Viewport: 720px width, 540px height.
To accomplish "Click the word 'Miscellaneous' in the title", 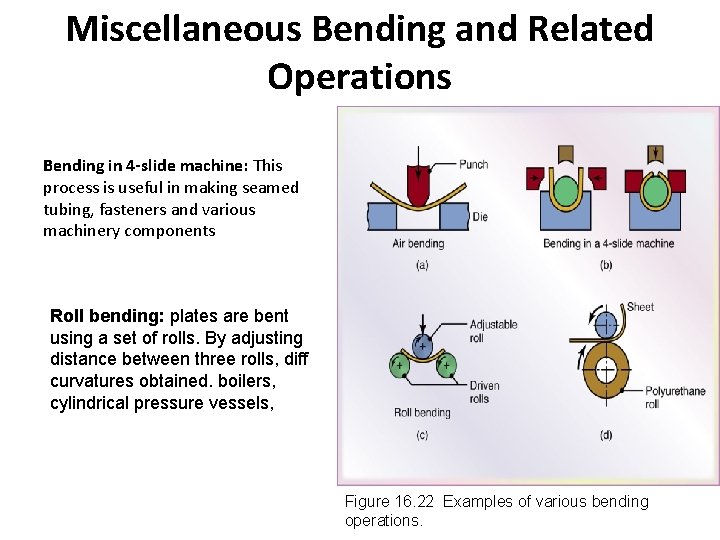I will coord(183,29).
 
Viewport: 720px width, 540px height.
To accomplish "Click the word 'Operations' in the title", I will coord(359,76).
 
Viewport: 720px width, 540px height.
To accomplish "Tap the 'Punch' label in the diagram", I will coord(473,165).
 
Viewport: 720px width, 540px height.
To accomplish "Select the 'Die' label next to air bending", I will coord(480,216).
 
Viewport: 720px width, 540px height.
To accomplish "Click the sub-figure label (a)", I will coord(420,265).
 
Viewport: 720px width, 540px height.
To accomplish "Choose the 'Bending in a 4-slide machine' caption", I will coord(608,243).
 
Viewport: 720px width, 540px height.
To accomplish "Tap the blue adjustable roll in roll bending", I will coord(421,345).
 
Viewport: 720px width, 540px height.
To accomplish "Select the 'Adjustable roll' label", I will coord(493,331).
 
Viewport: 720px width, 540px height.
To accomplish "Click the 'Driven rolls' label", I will coord(484,393).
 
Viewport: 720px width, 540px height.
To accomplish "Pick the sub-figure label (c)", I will coord(420,434).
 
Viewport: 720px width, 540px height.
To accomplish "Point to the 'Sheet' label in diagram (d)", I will coord(640,307).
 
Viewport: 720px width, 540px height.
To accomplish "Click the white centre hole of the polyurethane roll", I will coord(606,369).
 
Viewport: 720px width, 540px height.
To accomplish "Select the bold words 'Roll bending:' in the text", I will coord(107,316).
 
